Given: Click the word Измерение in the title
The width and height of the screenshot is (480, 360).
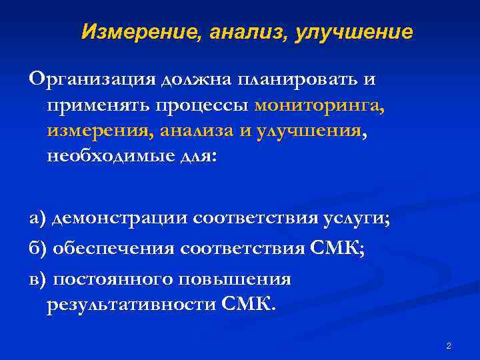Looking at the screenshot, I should tap(133, 31).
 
